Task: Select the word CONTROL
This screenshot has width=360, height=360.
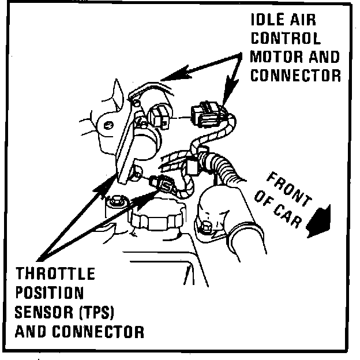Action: coord(286,39)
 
